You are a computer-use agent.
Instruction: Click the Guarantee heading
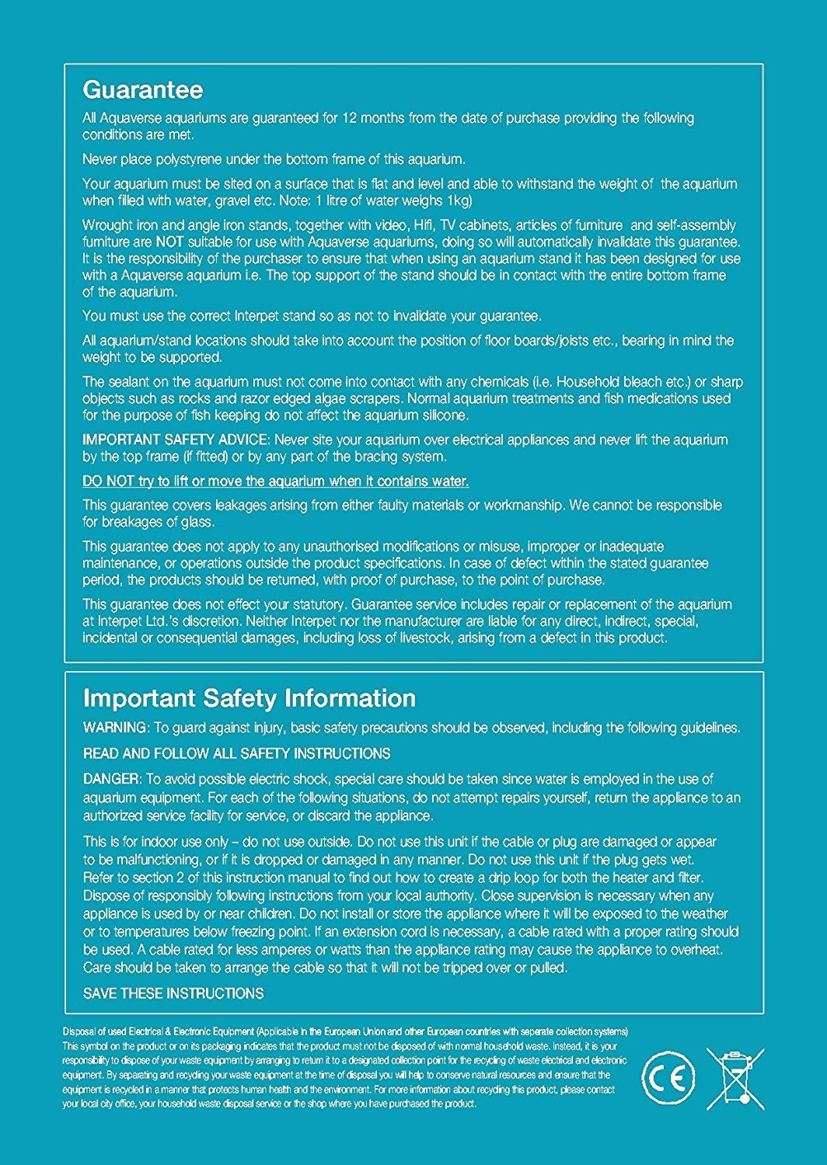click(x=142, y=90)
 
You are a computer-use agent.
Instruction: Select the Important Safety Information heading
click(x=249, y=698)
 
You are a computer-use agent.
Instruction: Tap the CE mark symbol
click(x=668, y=1079)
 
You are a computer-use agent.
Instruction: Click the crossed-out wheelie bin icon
click(x=735, y=1078)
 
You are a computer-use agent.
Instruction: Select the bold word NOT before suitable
click(x=169, y=242)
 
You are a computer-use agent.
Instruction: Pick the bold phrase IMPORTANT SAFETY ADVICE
click(x=176, y=440)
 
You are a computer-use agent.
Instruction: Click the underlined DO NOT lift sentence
click(x=275, y=481)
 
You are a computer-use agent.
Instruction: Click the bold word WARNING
click(x=114, y=728)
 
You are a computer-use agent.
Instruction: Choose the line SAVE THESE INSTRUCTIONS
click(x=173, y=993)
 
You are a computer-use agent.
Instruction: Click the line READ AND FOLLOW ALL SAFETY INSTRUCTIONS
click(x=236, y=753)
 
